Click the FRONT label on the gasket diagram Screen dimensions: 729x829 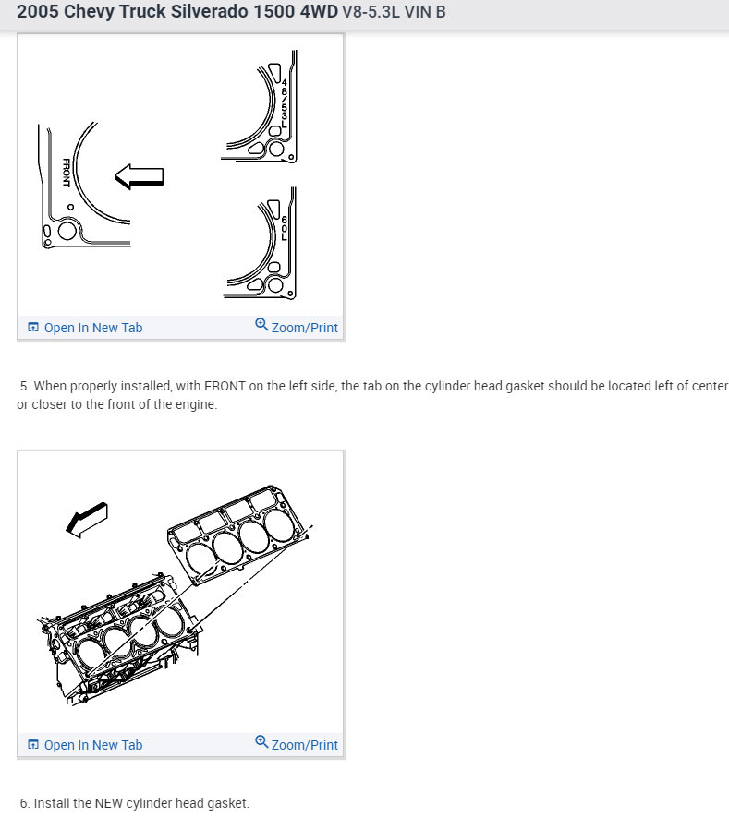pos(67,173)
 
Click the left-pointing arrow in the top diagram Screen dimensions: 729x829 pos(139,176)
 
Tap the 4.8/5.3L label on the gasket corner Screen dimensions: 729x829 pos(284,103)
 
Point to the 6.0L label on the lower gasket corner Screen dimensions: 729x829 pos(284,228)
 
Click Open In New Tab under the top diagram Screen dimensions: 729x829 pos(93,328)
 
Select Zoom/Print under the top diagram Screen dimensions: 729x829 pos(304,328)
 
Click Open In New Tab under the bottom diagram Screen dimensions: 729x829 pos(93,745)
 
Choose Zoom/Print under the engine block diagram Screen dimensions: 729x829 pos(304,745)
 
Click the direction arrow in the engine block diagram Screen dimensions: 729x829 pos(87,520)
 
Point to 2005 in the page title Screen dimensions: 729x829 pos(38,11)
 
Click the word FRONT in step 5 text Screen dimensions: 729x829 pos(225,386)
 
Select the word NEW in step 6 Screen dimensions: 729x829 pos(108,803)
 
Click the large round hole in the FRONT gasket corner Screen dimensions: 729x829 pos(67,231)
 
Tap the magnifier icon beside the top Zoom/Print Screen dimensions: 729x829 pos(261,324)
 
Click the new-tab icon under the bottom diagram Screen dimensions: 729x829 pos(32,744)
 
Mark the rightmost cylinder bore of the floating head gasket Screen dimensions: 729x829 pos(279,525)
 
